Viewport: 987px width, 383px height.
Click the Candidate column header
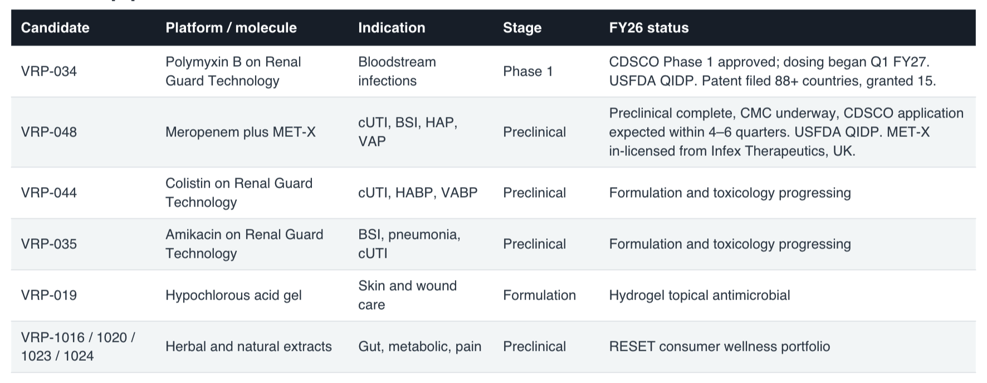[55, 28]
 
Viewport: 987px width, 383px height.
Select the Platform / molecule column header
[231, 28]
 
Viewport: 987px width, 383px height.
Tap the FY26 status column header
[649, 28]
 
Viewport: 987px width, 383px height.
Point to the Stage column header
[522, 28]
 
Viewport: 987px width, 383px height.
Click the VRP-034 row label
[49, 71]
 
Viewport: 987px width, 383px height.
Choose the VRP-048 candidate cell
[49, 132]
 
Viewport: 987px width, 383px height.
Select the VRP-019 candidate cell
[49, 295]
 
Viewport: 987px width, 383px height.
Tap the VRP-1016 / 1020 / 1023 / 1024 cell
[78, 346]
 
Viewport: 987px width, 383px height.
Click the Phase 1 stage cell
[528, 71]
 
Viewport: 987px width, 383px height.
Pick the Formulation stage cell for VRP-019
[539, 295]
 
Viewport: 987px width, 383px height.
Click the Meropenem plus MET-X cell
[241, 132]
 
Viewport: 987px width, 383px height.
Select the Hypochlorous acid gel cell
[233, 295]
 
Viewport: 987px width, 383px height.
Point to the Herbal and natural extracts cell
[248, 346]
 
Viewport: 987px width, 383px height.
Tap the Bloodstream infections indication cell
[397, 71]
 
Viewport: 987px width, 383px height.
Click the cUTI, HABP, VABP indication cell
[418, 193]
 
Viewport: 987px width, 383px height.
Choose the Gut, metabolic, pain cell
[419, 346]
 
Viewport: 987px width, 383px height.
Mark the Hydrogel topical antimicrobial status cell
[700, 295]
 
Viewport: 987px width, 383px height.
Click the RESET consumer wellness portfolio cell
[720, 346]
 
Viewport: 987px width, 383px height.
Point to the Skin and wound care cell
[407, 295]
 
